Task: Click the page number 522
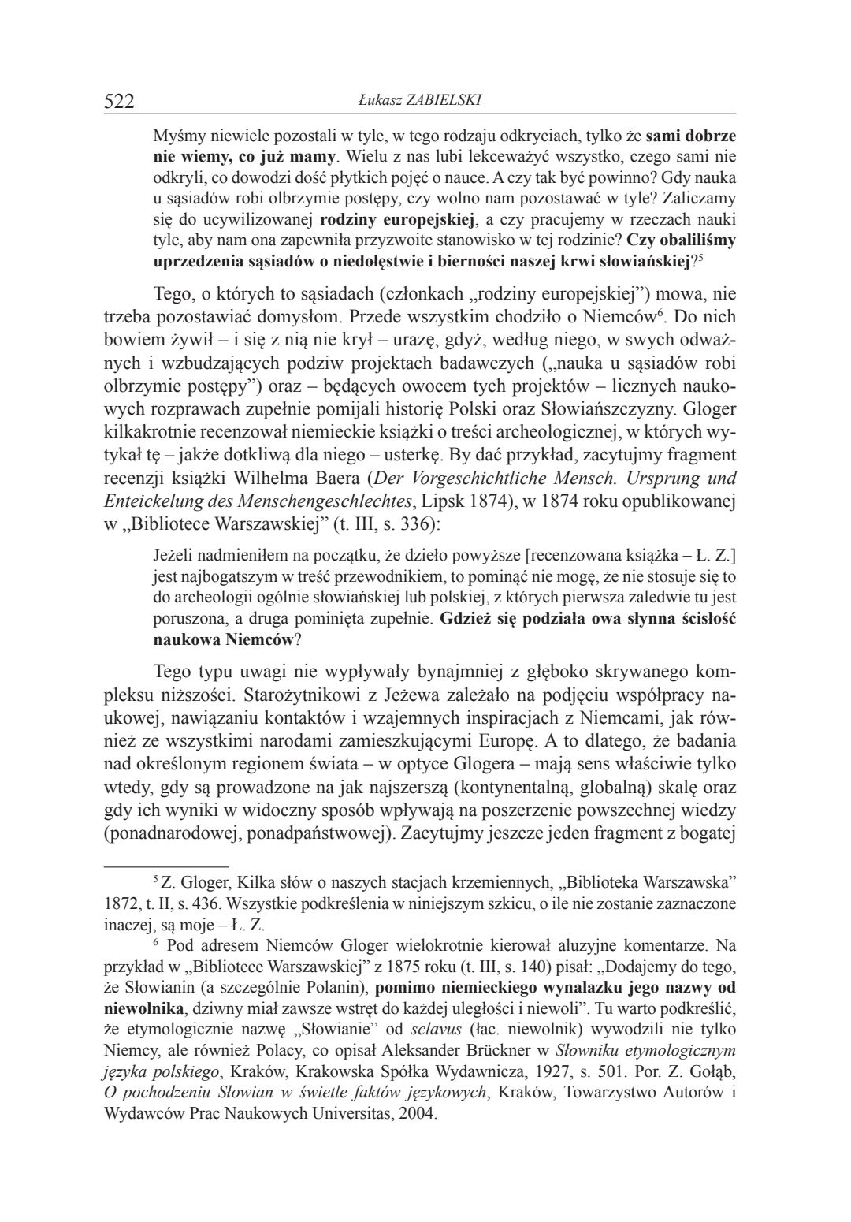[x=120, y=101]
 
